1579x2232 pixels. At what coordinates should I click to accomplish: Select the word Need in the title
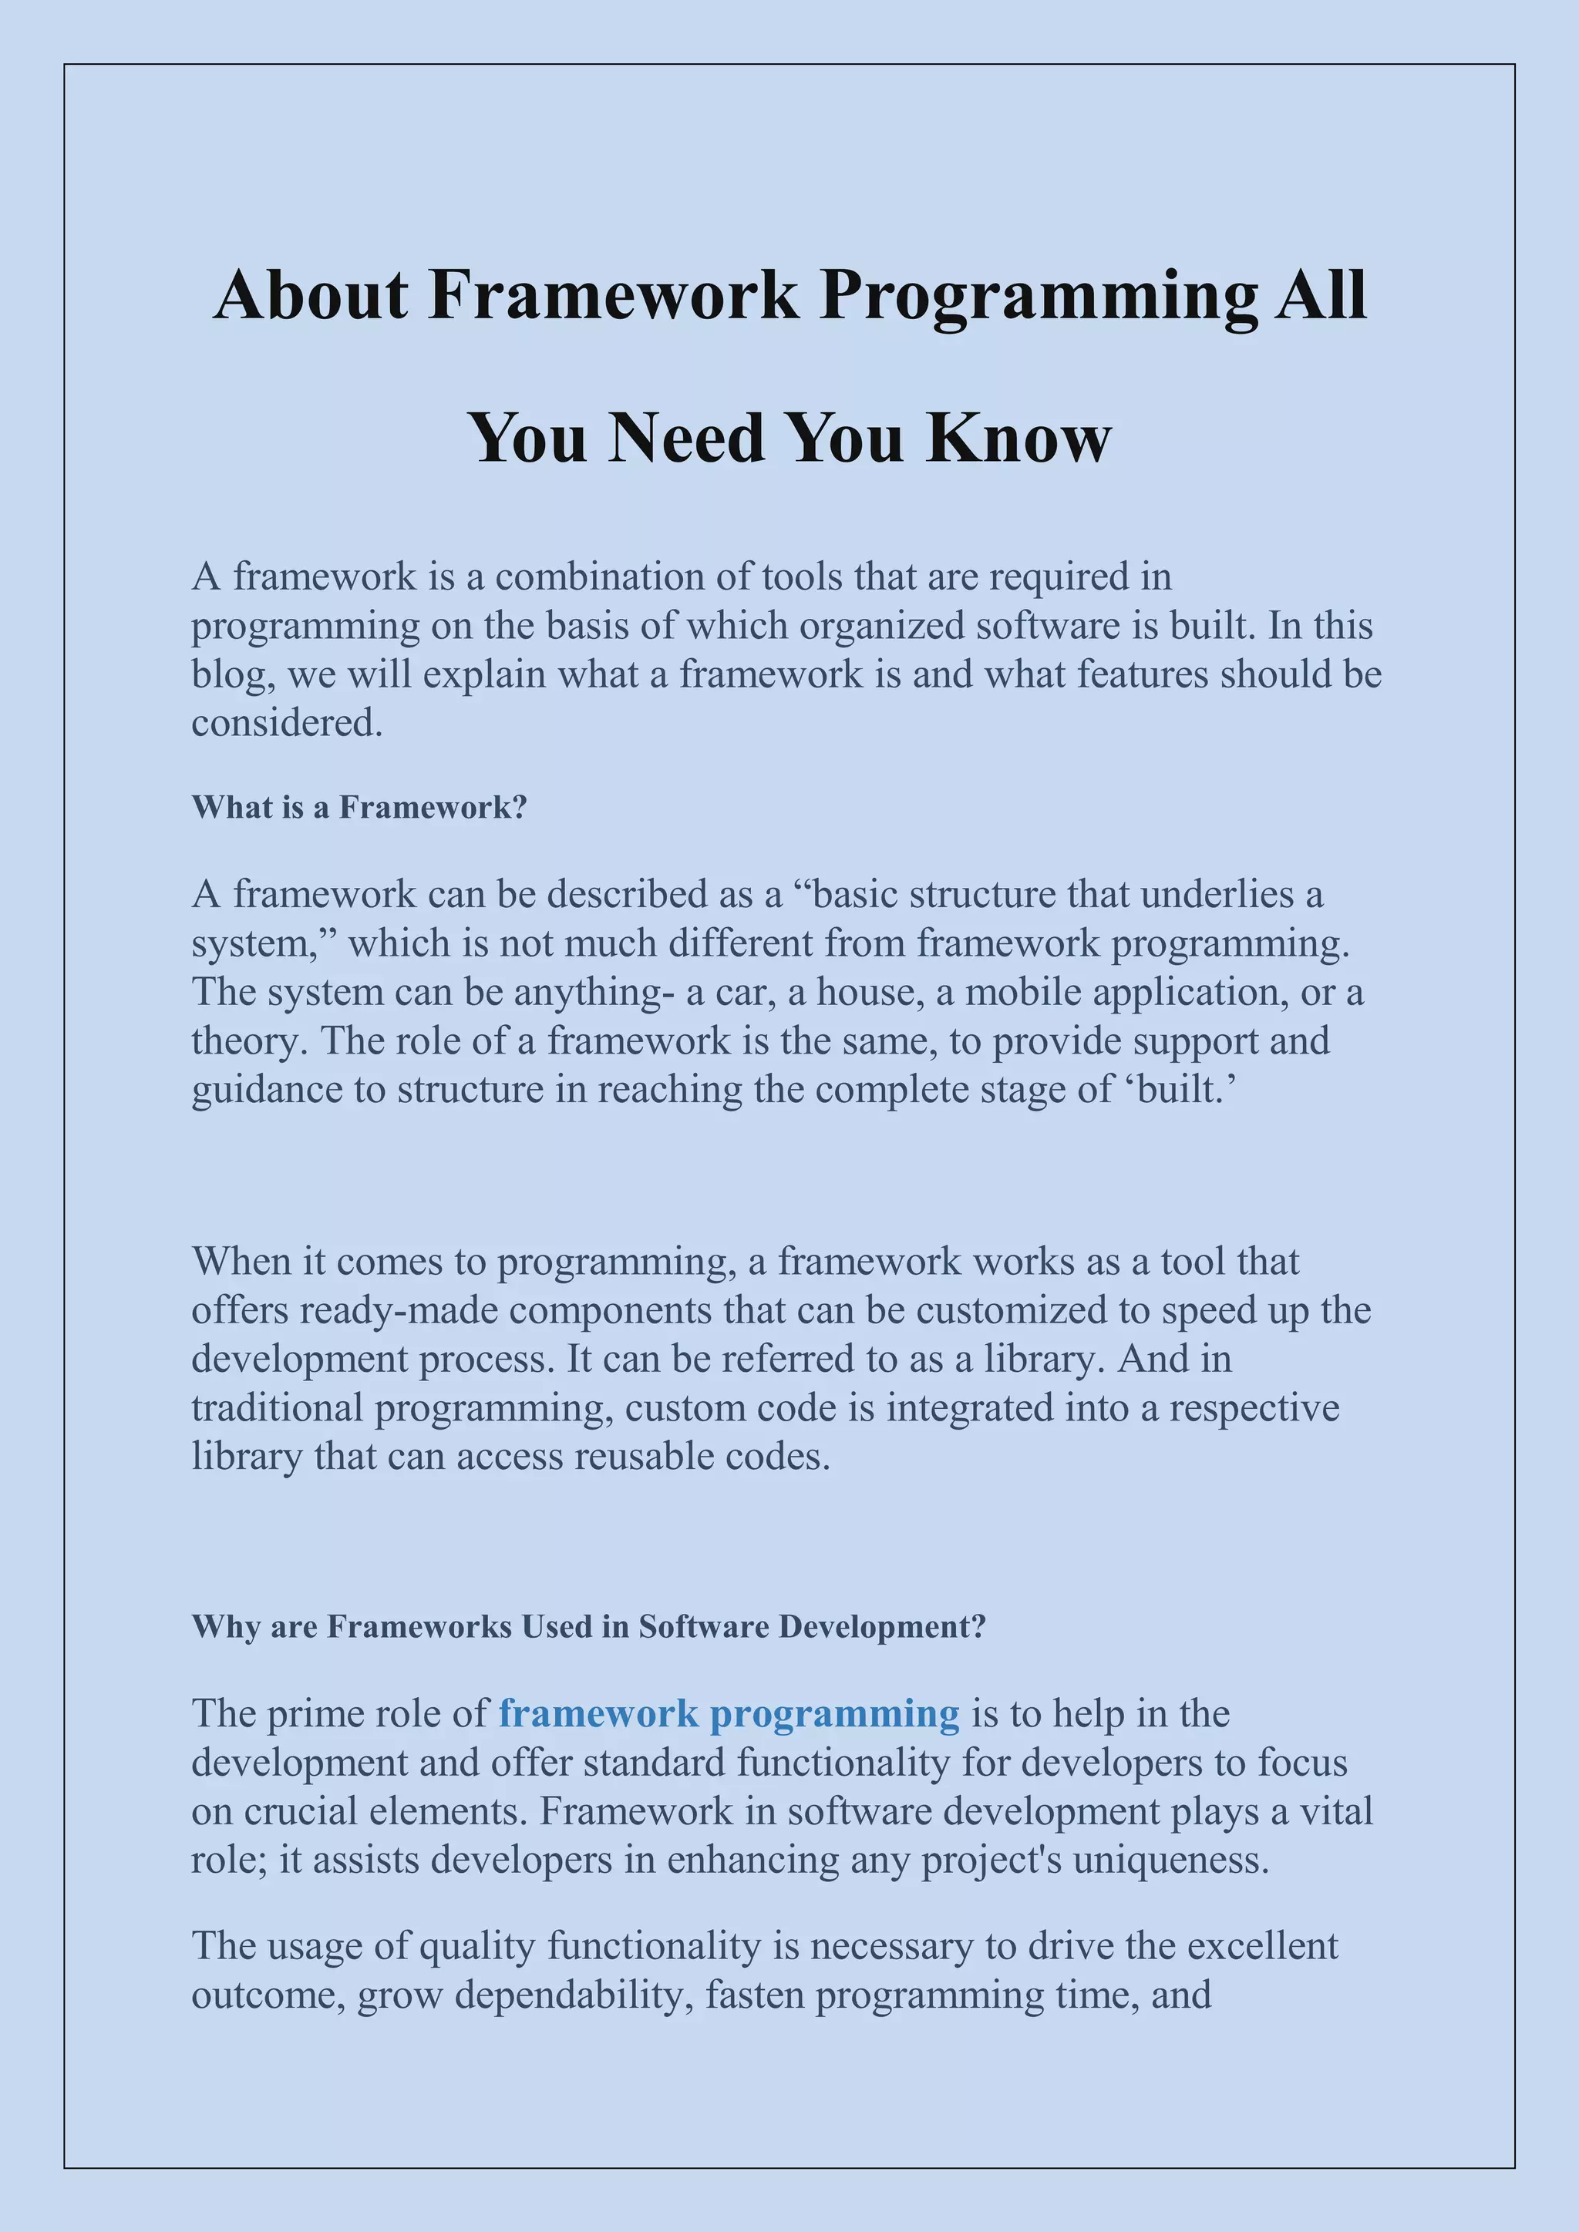pyautogui.click(x=686, y=438)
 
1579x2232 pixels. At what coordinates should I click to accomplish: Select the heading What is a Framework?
pyautogui.click(x=359, y=807)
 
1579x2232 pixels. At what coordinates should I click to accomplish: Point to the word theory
pyautogui.click(x=249, y=1041)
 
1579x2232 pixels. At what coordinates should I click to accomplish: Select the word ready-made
pyautogui.click(x=399, y=1309)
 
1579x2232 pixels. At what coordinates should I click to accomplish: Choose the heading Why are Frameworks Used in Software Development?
pyautogui.click(x=589, y=1626)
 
